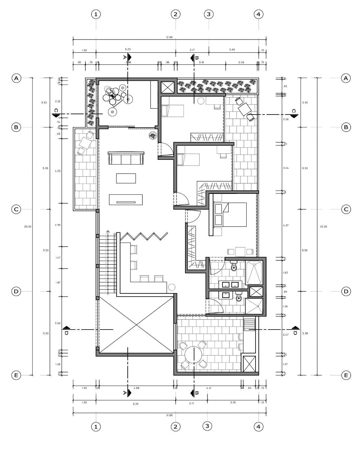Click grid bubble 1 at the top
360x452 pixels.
(96, 14)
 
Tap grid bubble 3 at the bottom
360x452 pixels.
(207, 426)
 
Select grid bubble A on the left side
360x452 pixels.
(16, 78)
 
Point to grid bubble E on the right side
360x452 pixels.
(346, 375)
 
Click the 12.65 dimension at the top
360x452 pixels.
(169, 37)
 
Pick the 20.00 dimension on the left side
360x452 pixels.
(28, 227)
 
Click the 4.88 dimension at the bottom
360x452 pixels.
(136, 388)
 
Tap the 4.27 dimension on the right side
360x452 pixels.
(286, 225)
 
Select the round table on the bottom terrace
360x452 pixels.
(193, 355)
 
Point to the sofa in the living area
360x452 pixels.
(126, 158)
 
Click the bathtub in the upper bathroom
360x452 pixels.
(254, 273)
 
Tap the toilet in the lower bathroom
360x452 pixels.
(239, 297)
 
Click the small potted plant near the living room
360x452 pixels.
(153, 135)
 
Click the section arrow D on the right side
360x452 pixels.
(295, 328)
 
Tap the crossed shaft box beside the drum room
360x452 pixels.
(167, 87)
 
